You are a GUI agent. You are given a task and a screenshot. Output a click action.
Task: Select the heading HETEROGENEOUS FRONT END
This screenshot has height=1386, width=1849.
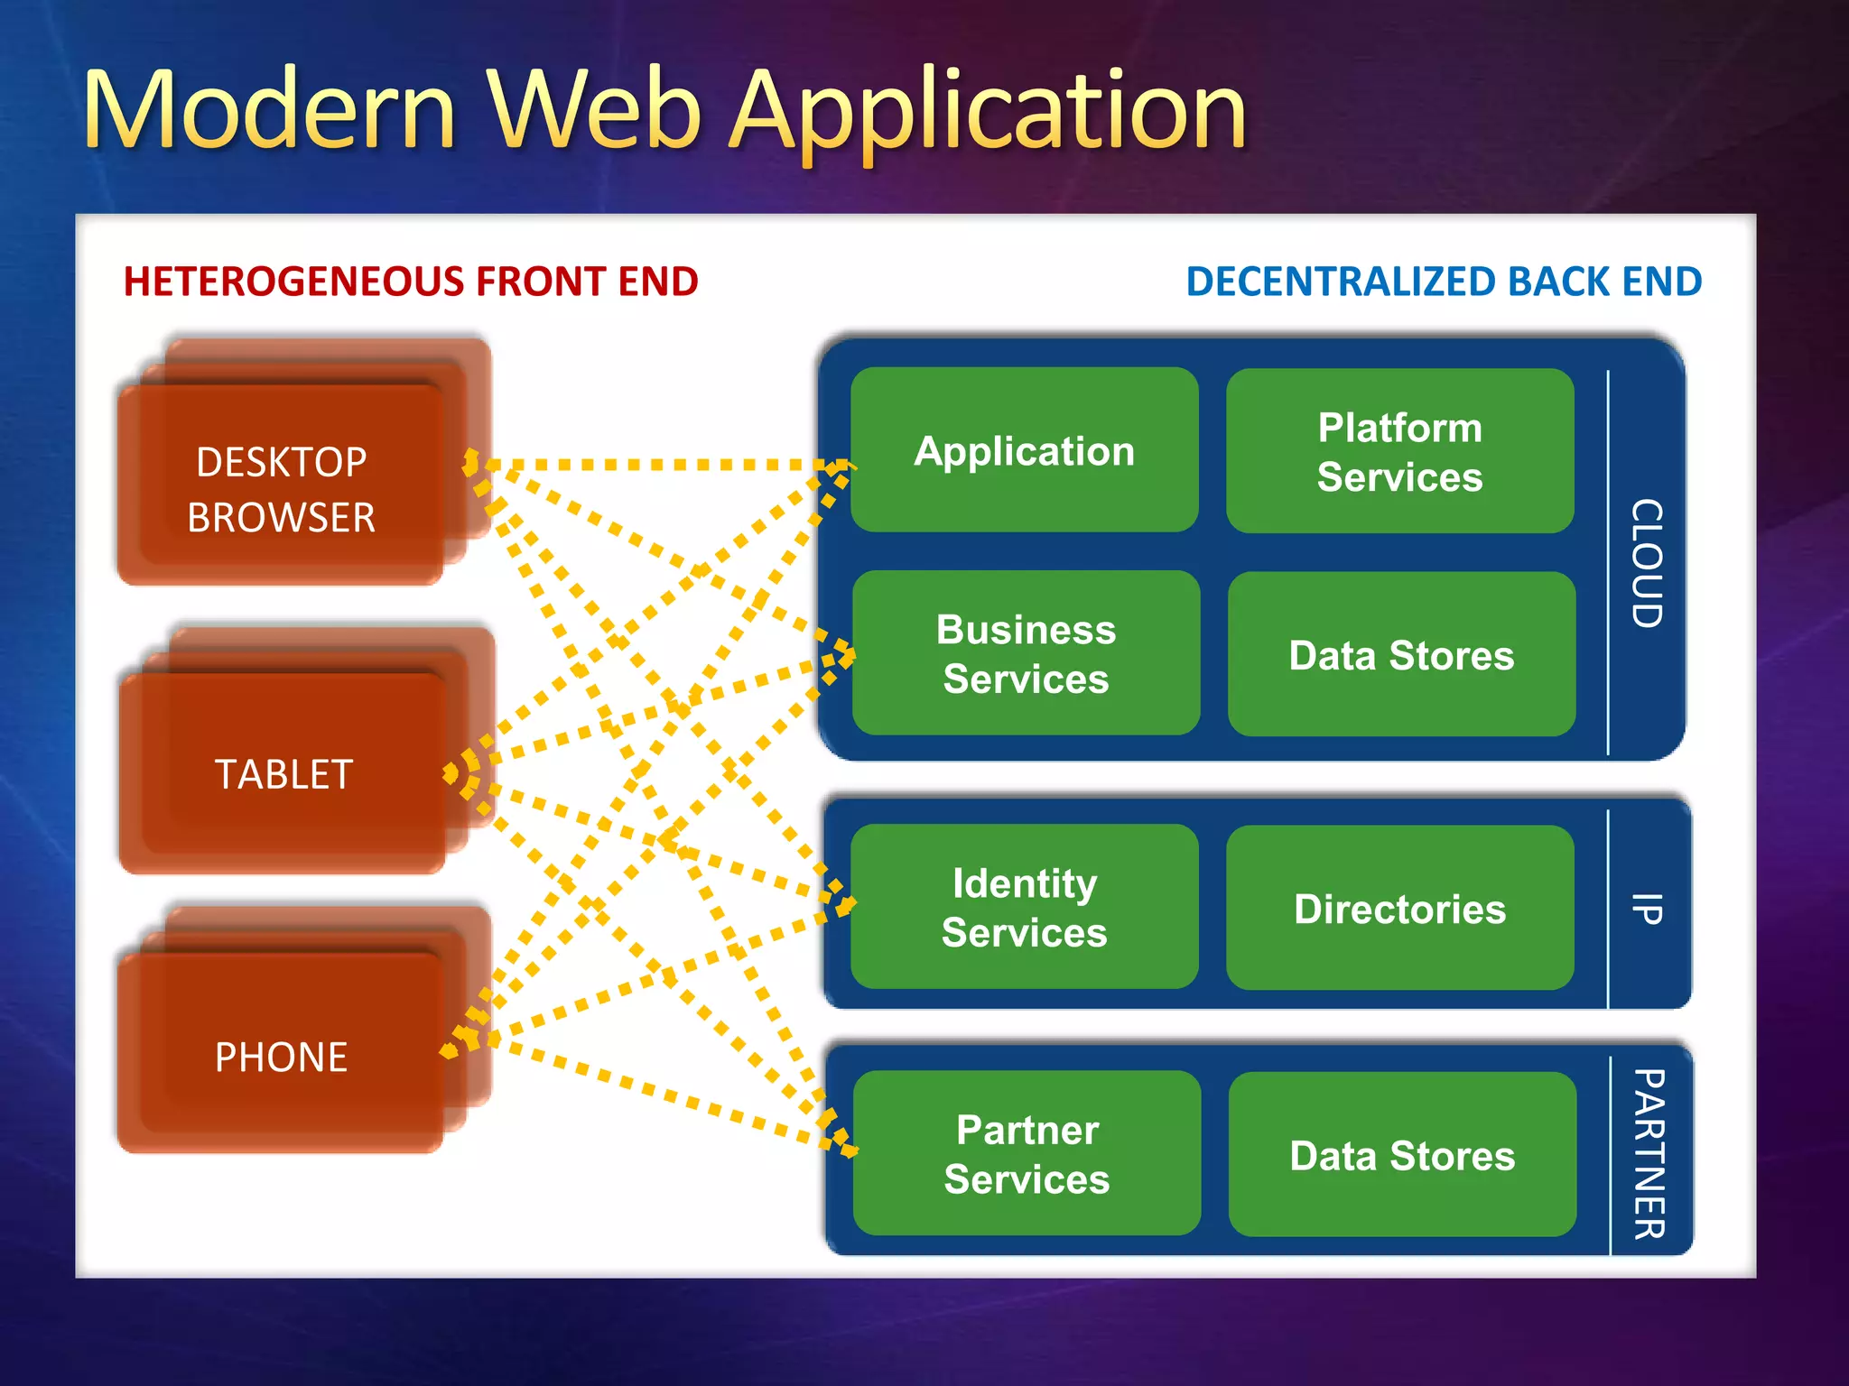pos(411,282)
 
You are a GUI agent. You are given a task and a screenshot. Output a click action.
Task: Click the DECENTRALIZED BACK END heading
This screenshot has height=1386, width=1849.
pos(1444,282)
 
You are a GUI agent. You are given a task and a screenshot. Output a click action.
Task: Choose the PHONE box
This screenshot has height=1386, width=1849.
pos(282,1056)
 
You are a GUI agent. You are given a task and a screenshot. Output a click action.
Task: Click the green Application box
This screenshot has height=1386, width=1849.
pos(1025,450)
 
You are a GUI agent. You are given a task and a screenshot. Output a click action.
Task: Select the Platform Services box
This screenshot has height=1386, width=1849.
pos(1399,451)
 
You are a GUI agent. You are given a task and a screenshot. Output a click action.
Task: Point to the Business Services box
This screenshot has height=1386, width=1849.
pos(1026,653)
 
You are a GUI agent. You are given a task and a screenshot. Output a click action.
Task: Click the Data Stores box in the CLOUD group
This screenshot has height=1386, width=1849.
pos(1401,655)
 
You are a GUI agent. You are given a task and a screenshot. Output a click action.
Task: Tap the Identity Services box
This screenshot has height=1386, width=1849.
pos(1024,907)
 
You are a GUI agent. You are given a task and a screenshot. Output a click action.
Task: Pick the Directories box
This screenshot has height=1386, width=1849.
pos(1399,909)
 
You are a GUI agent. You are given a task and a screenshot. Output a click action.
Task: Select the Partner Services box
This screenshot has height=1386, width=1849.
pos(1027,1153)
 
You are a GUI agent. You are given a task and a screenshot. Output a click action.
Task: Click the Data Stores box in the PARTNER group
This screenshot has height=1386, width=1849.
pos(1402,1155)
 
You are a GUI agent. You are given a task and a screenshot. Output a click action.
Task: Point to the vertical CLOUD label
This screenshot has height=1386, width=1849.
pos(1647,563)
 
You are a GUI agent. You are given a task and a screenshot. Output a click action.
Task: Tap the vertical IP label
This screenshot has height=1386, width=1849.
pos(1647,908)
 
